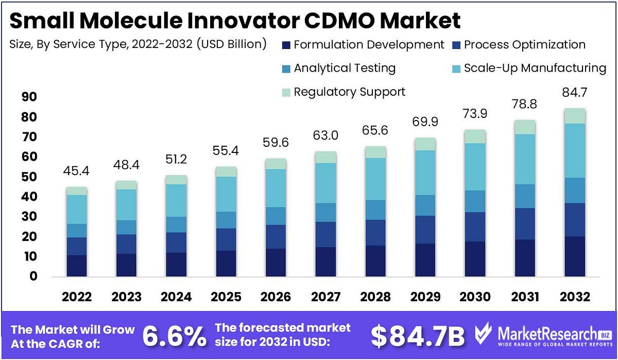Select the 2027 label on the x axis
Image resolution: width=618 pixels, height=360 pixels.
(x=326, y=297)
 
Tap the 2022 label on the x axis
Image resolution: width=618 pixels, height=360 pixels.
(x=77, y=297)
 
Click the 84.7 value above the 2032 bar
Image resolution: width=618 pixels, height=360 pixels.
(x=575, y=93)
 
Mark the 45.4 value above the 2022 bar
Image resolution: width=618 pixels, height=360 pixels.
(x=77, y=171)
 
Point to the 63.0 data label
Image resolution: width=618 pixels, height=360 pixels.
(x=326, y=137)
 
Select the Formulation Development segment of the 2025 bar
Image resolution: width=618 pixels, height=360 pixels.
(x=226, y=264)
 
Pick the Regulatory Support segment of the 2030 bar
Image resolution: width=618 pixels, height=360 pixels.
(x=475, y=136)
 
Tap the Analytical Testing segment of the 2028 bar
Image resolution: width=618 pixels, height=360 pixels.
(x=376, y=210)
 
